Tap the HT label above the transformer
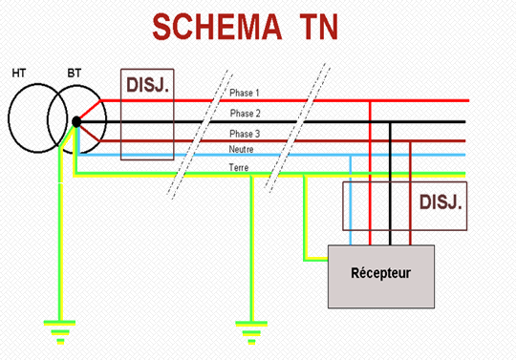click(x=18, y=73)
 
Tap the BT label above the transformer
click(x=74, y=73)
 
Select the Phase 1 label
click(x=245, y=94)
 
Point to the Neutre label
click(x=242, y=150)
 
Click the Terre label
click(x=239, y=167)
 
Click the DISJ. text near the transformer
click(x=148, y=86)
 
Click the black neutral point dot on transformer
click(x=75, y=121)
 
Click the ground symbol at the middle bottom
click(x=250, y=335)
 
